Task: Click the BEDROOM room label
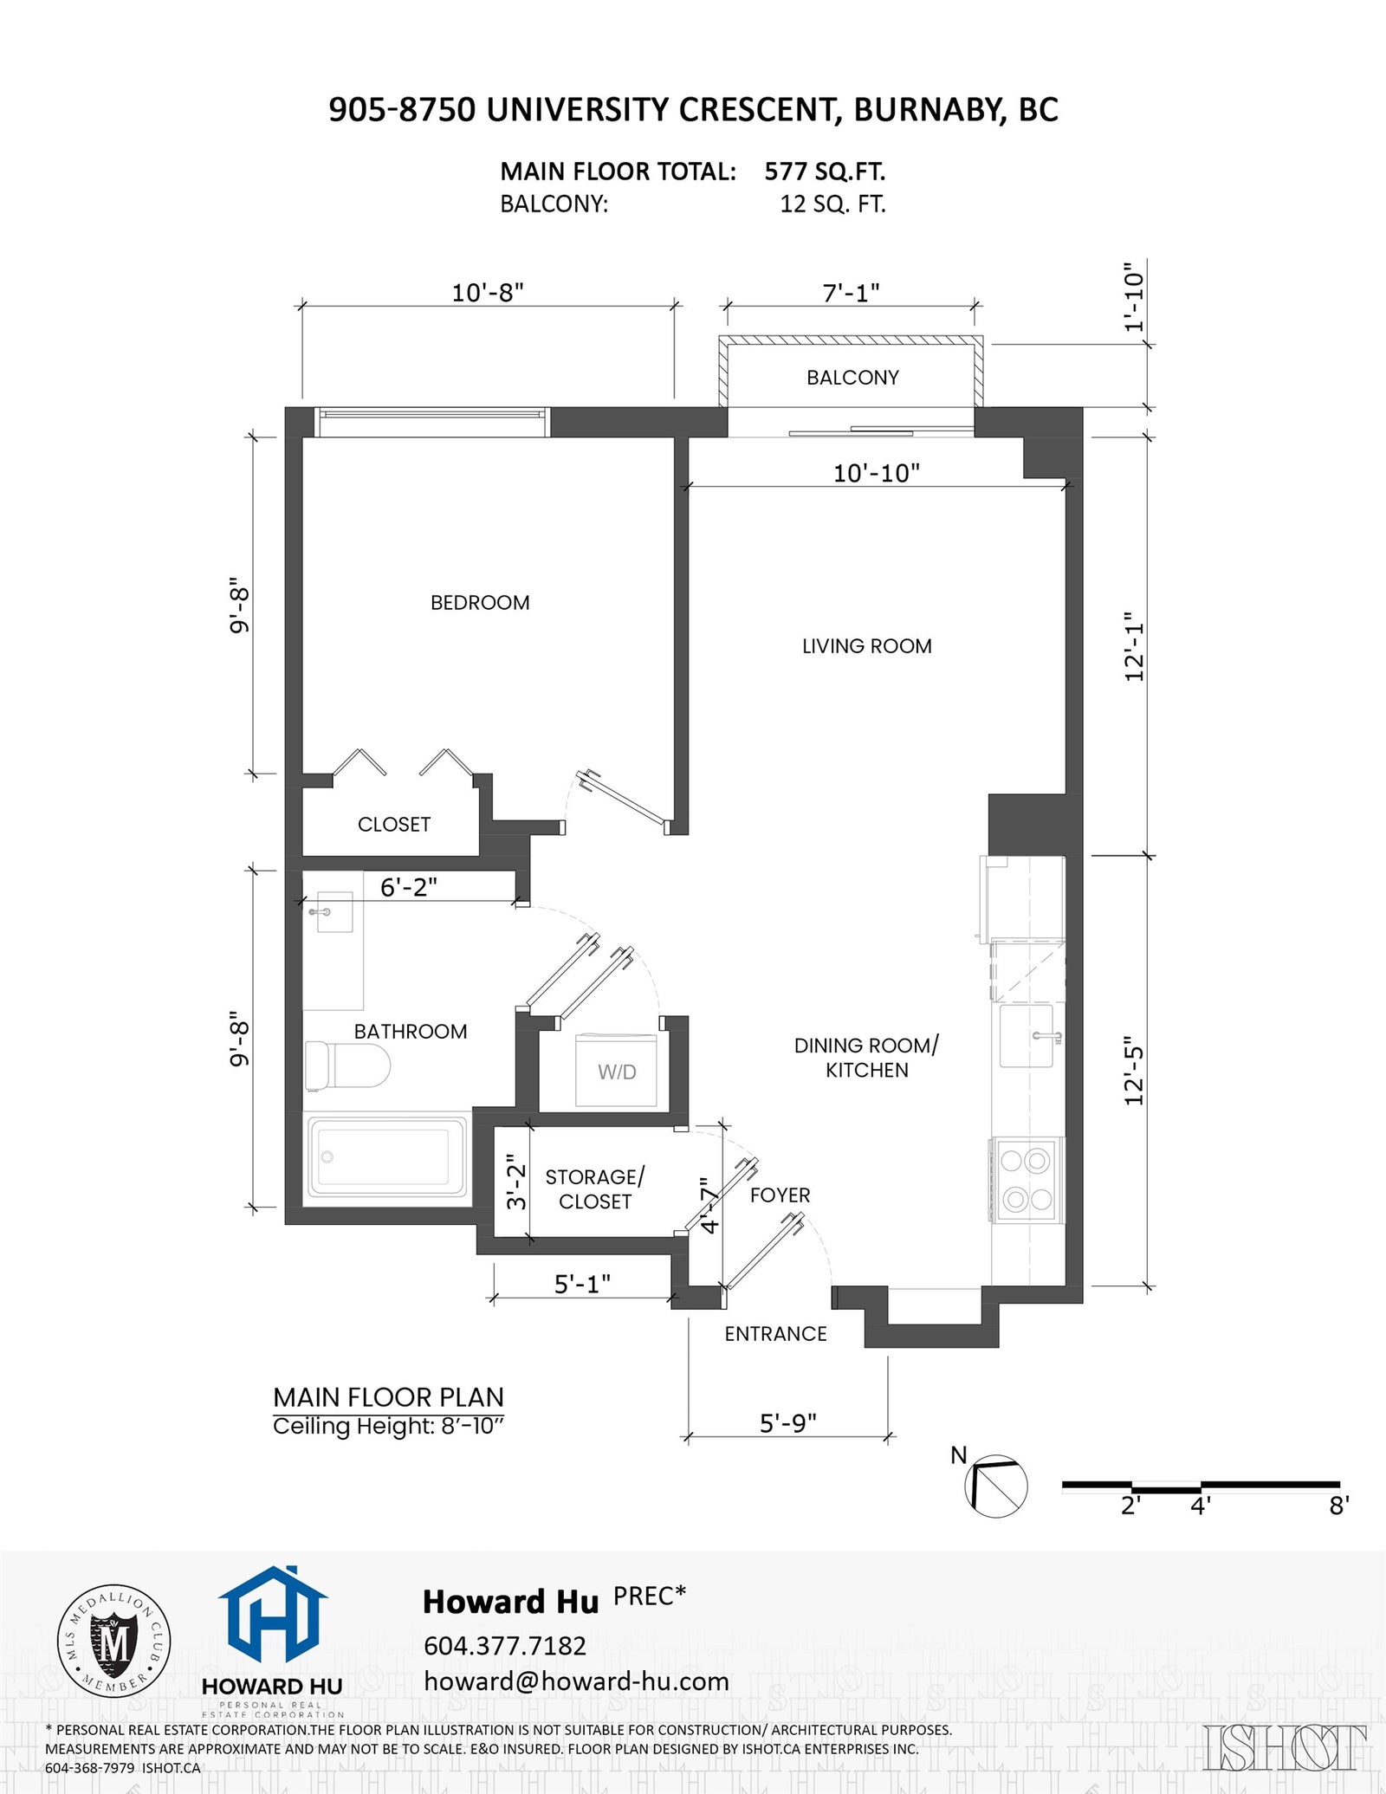480,603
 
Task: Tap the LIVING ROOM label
867,646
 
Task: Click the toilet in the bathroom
347,1065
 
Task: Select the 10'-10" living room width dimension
877,473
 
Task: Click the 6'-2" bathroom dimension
409,887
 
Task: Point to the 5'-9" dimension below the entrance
788,1423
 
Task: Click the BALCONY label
852,378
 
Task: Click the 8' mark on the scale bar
1339,1506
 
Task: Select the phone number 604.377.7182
505,1645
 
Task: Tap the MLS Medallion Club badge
113,1642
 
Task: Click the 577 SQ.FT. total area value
825,172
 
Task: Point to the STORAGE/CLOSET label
595,1189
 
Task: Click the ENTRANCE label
776,1334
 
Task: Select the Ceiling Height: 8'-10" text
389,1427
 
